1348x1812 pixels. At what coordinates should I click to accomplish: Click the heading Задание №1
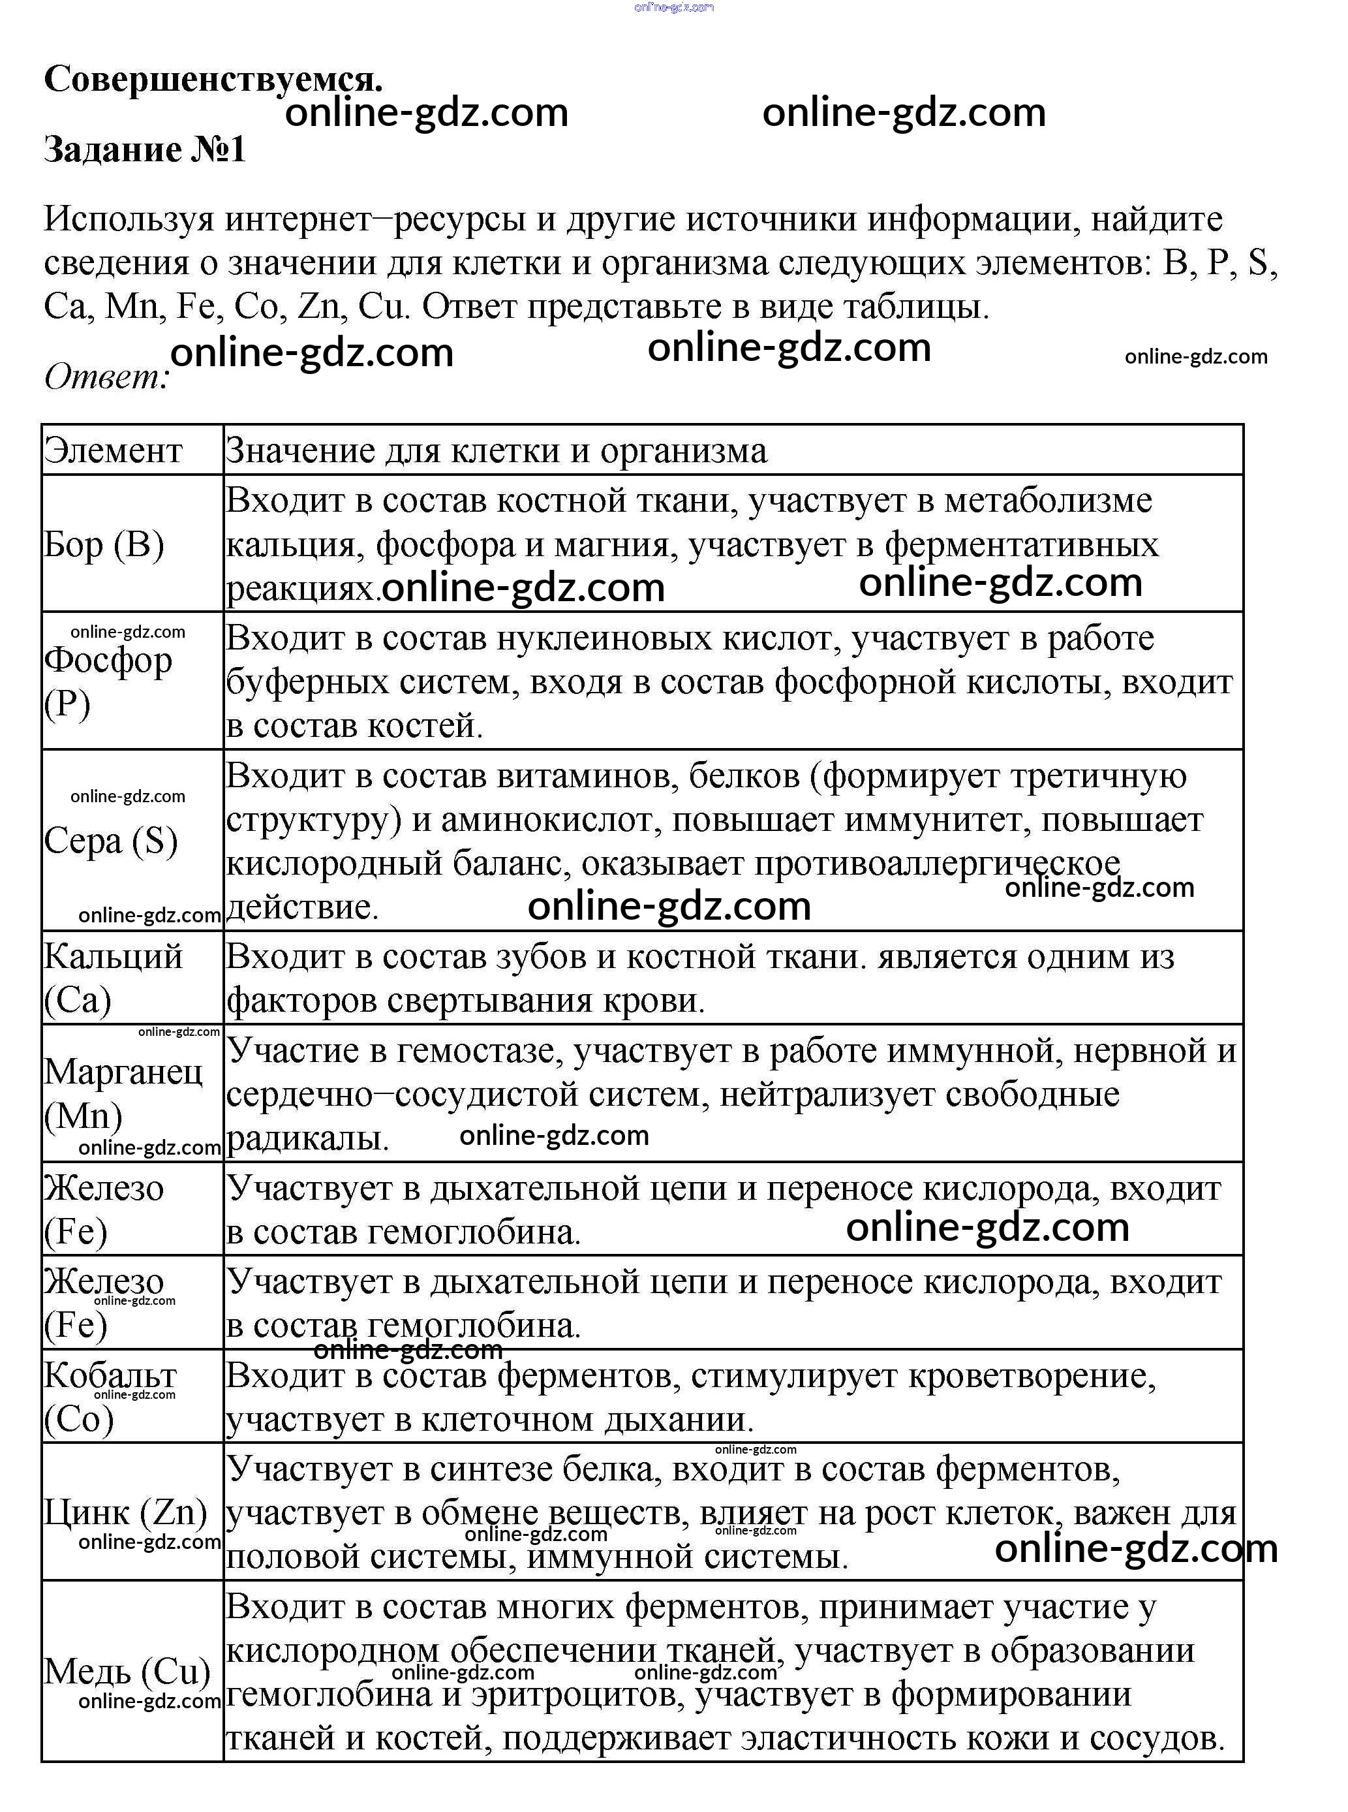coord(144,149)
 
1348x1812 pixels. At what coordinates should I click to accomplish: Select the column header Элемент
coord(113,450)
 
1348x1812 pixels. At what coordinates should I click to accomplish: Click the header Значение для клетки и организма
coord(496,450)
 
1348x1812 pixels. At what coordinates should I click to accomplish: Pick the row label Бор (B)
coord(104,544)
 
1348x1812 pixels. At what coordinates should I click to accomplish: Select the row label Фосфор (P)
coord(108,681)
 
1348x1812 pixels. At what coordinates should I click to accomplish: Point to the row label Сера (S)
coord(111,841)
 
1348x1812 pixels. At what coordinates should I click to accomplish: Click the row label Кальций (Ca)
coord(113,978)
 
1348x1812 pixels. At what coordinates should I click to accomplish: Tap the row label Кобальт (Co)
coord(110,1398)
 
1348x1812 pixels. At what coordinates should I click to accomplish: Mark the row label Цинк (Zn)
coord(126,1512)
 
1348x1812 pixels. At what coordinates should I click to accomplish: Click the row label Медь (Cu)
coord(127,1671)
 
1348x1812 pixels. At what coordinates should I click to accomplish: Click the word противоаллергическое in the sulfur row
coord(937,864)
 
